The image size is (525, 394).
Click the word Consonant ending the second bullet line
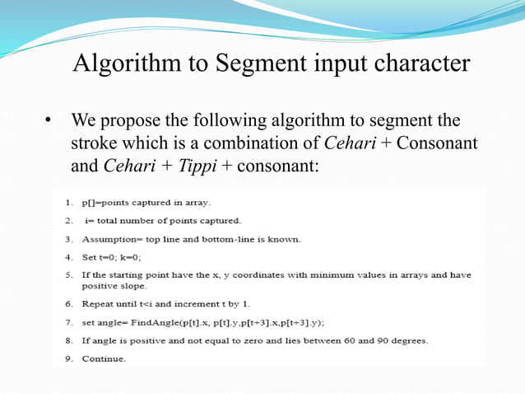click(439, 143)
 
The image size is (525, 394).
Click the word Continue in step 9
click(104, 359)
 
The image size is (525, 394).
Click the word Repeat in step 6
click(96, 304)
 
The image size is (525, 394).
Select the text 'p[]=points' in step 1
click(105, 202)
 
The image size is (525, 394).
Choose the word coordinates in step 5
click(254, 275)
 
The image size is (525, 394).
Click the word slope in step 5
click(131, 286)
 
